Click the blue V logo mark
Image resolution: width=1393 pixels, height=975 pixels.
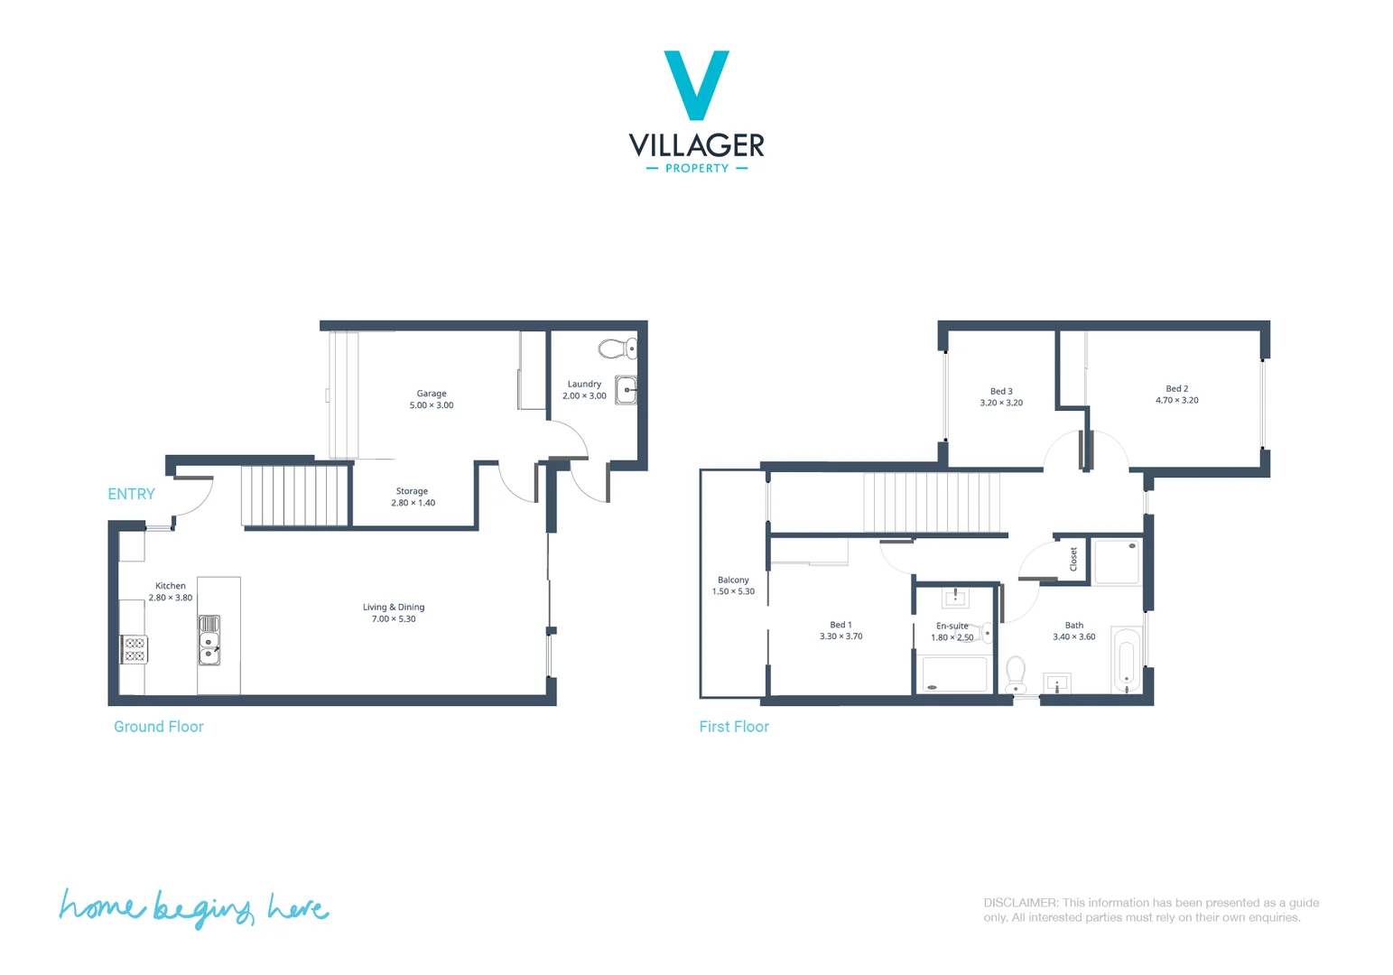point(696,84)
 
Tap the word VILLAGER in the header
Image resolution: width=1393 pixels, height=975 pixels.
point(696,144)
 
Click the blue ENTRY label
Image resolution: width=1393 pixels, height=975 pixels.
point(131,494)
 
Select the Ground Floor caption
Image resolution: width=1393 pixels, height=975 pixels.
point(158,727)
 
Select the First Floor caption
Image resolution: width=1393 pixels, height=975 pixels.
point(733,727)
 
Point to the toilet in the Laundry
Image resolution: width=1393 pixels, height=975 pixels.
point(618,348)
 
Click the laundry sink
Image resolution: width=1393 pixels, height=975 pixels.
point(626,390)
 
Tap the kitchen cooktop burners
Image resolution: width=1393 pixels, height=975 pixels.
point(135,649)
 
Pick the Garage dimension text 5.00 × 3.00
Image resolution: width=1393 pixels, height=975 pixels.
point(432,405)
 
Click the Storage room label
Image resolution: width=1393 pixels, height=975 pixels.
point(412,491)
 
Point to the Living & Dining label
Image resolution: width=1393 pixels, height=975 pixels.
point(394,607)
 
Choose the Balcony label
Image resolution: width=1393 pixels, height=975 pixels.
point(733,580)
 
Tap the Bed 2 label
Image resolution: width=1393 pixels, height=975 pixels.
point(1176,388)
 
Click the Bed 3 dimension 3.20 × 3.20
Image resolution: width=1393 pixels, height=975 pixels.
point(1001,403)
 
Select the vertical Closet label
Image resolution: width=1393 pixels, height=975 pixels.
point(1073,559)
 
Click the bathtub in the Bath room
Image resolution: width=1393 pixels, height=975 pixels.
point(1126,660)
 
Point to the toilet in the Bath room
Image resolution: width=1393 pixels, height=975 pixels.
point(1016,673)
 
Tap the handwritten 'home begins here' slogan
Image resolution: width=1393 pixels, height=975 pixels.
point(193,907)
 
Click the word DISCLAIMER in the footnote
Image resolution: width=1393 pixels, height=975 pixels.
point(1020,903)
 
